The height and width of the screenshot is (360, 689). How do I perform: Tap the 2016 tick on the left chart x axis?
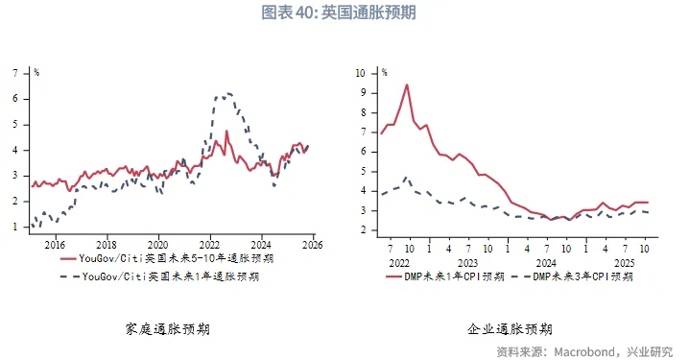pos(55,244)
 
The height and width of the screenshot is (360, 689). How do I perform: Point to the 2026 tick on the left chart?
pos(314,244)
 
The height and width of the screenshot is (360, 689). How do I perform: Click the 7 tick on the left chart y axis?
pos(14,72)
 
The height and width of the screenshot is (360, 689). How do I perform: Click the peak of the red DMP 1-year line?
pos(407,84)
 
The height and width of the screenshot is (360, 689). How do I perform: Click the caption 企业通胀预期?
pos(510,328)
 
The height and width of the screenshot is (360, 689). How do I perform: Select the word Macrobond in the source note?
pos(586,351)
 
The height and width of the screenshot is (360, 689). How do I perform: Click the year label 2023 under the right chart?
pos(467,261)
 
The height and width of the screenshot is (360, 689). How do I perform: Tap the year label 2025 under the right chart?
pos(623,261)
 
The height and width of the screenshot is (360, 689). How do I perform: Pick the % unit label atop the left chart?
pos(36,72)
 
